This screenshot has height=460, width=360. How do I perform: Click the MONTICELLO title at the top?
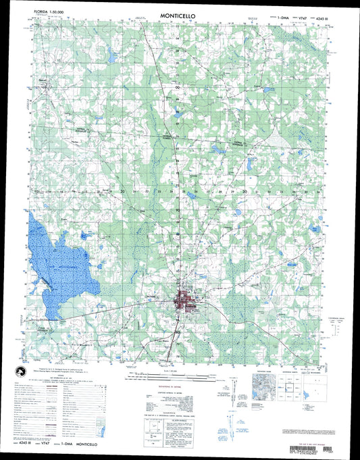pos(179,14)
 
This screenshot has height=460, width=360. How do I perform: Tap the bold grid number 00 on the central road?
pos(178,87)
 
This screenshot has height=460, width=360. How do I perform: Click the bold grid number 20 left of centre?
pos(124,192)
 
